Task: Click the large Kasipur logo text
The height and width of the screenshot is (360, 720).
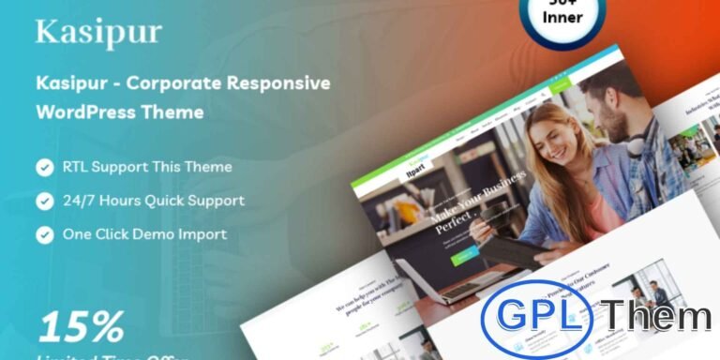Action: [98, 33]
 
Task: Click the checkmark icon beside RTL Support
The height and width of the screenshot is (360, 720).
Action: [44, 168]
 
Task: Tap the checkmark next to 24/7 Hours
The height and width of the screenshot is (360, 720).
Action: [44, 201]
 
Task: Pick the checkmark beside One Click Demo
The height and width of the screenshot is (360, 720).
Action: [44, 233]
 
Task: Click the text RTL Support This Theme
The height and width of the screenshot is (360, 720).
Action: [147, 168]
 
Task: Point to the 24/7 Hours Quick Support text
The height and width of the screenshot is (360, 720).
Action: [154, 201]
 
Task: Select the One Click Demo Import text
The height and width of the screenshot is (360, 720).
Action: [145, 233]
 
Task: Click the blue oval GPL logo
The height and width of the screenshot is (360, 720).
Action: [537, 316]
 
